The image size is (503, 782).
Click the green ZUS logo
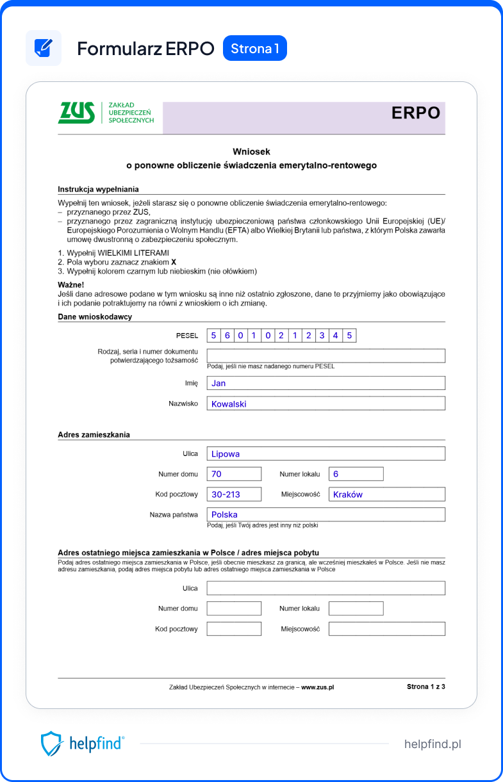(76, 113)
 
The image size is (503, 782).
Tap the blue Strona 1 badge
(254, 49)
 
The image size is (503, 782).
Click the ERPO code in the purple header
(416, 113)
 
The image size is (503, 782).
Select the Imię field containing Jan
(326, 383)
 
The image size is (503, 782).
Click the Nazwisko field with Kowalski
(326, 403)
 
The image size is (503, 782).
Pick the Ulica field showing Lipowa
(326, 453)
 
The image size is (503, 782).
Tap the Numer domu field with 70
(234, 474)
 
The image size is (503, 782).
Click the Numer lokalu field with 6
(356, 474)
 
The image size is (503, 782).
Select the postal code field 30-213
(234, 494)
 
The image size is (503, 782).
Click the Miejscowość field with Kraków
(386, 494)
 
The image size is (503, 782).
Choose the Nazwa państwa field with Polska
(326, 514)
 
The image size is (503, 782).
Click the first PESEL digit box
(213, 336)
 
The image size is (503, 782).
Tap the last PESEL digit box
(349, 336)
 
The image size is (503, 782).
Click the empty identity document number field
(326, 356)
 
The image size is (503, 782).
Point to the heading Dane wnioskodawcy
(95, 317)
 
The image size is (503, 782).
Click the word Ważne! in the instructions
(71, 285)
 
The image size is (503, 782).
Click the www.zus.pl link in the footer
(317, 687)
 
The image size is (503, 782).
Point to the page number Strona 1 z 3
(425, 687)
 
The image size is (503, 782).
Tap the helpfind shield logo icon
(51, 744)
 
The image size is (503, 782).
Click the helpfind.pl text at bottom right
(433, 744)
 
